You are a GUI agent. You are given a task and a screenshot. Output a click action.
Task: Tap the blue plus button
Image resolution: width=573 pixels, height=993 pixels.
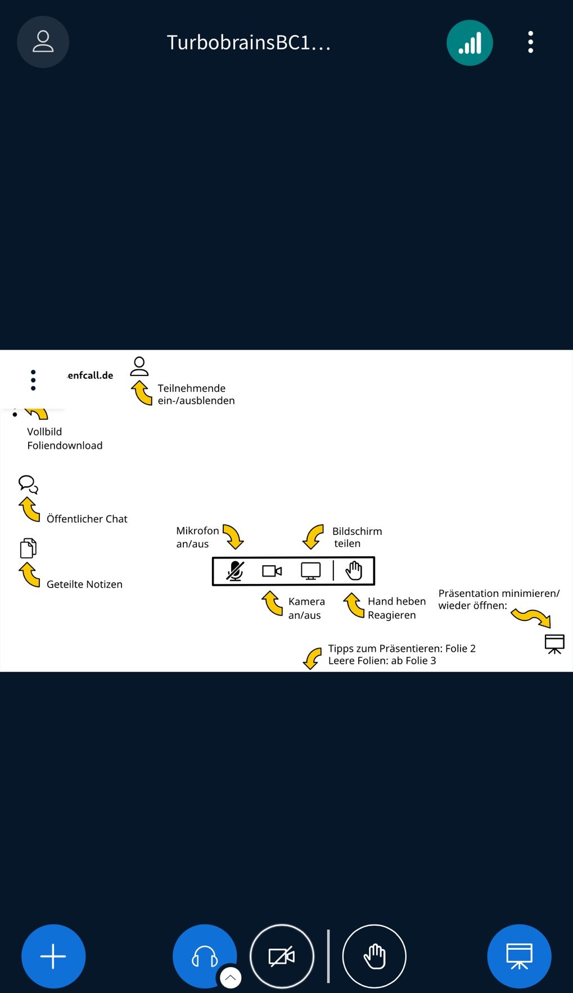(53, 956)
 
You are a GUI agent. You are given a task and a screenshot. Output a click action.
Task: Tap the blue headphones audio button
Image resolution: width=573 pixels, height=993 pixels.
(205, 956)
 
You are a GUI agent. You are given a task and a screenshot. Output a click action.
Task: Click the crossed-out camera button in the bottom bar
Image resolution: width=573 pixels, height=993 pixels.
(282, 956)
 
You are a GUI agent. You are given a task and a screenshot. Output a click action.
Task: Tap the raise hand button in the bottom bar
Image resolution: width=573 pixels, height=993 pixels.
(374, 956)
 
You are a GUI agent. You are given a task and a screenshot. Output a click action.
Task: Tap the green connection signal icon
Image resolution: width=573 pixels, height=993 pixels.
(470, 43)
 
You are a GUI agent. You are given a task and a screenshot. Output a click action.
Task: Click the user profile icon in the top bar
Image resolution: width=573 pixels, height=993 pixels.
(43, 42)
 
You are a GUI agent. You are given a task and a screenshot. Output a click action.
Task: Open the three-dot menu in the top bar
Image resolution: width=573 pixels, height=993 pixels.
(530, 42)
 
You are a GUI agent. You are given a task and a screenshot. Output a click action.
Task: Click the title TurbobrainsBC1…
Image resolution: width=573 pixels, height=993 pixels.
(249, 43)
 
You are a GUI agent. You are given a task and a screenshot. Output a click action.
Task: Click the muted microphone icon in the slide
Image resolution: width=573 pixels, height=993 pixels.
(235, 571)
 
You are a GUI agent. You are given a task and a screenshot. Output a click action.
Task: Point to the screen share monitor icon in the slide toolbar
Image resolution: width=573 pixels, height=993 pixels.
(310, 571)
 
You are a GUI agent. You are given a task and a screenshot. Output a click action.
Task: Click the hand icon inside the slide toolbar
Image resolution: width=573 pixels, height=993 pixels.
(354, 571)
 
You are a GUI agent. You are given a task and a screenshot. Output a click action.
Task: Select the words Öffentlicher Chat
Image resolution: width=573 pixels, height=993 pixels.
(87, 519)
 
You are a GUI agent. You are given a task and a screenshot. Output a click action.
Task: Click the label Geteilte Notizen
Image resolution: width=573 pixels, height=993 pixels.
(84, 584)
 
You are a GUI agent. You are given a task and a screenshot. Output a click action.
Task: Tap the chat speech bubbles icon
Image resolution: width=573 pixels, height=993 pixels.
(28, 484)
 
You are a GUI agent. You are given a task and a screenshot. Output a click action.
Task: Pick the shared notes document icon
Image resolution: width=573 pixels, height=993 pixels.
(28, 548)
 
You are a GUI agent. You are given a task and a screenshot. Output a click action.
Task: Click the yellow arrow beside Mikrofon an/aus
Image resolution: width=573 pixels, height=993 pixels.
(233, 536)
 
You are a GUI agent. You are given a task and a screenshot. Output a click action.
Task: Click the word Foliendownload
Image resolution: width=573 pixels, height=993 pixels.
(65, 446)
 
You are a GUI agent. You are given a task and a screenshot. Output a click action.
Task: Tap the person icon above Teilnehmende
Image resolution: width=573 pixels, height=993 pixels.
(139, 366)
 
